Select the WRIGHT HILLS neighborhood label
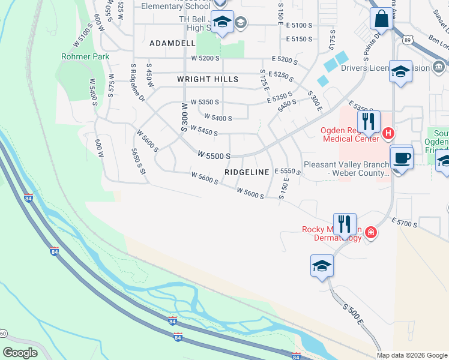coord(208,79)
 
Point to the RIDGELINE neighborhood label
coord(247,172)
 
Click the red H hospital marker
coord(388,133)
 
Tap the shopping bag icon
coord(381,20)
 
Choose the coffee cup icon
coord(402,159)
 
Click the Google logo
coord(20,352)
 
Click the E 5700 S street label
coord(403,224)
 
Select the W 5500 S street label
coord(214,155)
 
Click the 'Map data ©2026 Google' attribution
coord(412,355)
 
